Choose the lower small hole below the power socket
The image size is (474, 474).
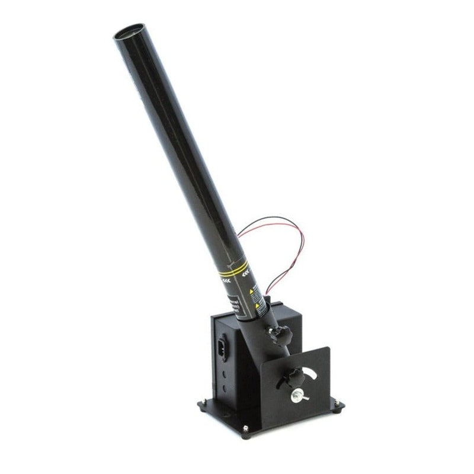point(225,388)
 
